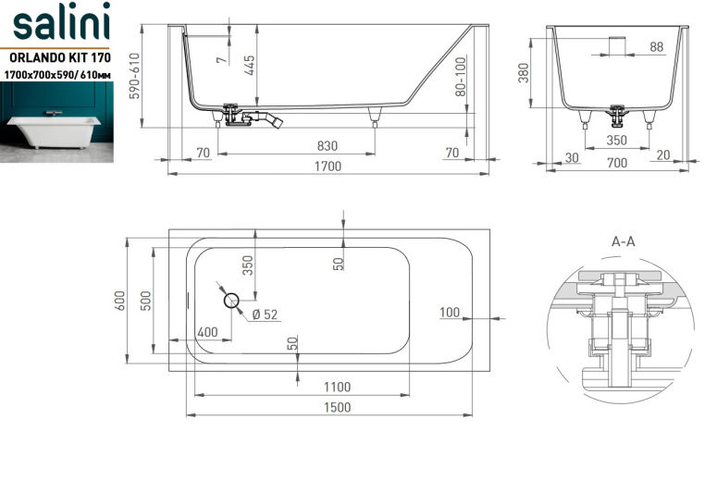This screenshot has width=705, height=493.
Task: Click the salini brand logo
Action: coord(61,21)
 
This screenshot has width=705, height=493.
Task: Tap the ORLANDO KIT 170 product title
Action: coord(60,58)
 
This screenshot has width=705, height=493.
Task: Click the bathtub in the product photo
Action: coord(54,130)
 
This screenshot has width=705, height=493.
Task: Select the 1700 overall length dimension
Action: coord(328,166)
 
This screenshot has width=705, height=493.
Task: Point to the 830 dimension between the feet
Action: coord(327,146)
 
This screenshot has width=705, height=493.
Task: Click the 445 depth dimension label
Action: coord(250,65)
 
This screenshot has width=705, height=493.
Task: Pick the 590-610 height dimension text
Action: coord(134,76)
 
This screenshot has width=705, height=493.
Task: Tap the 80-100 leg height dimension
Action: coord(461,77)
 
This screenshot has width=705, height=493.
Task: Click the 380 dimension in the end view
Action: coord(524,73)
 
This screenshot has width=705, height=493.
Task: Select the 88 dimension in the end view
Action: coord(657,47)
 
